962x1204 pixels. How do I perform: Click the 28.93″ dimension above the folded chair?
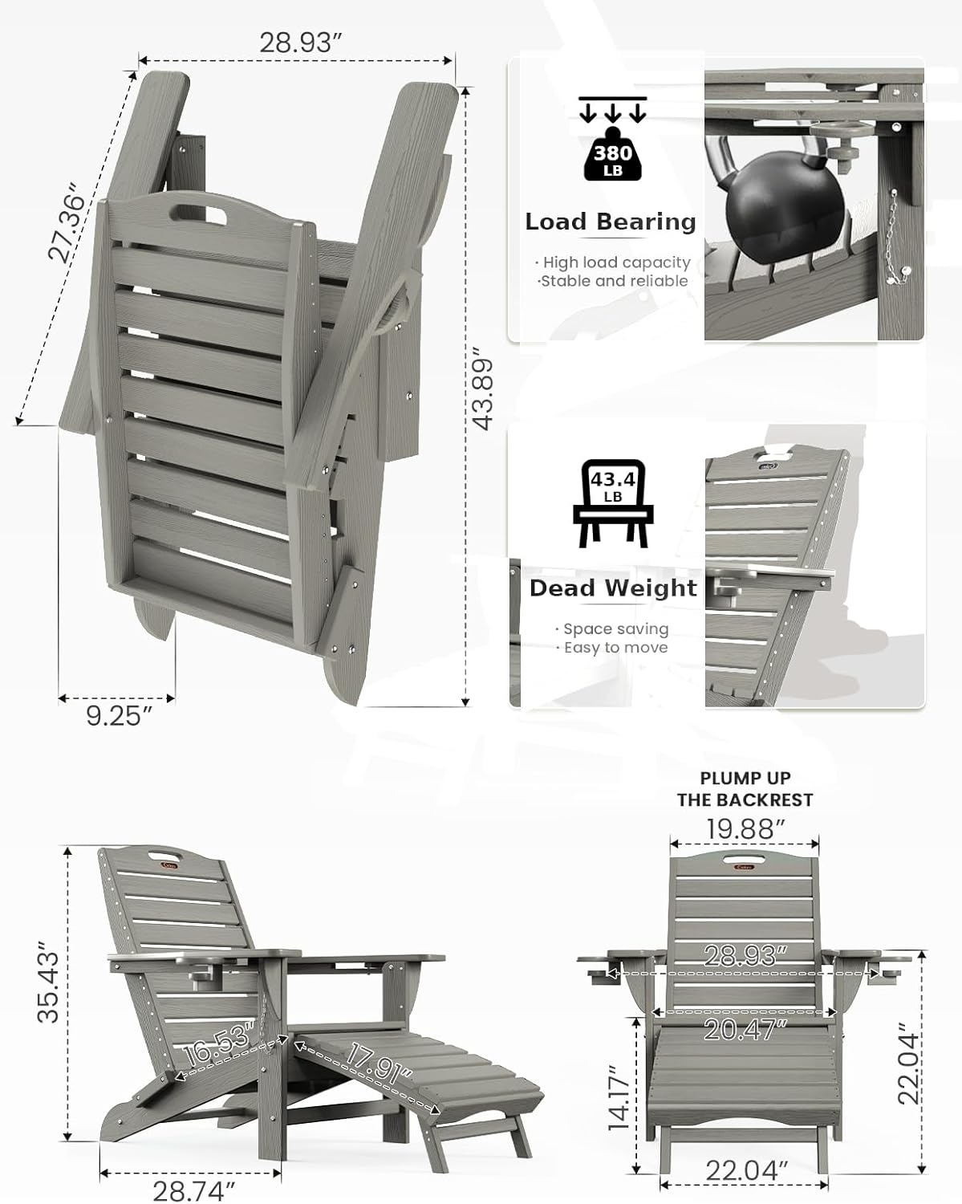pos(296,43)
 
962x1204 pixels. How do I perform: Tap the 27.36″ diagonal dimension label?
pos(67,226)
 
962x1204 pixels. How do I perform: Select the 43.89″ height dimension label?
pos(482,388)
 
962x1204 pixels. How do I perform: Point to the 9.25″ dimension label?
pos(119,715)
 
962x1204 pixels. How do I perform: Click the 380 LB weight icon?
pos(614,153)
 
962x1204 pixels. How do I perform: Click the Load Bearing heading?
pos(611,222)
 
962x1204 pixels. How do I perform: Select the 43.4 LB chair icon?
pos(614,503)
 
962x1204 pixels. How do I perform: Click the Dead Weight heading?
pos(614,588)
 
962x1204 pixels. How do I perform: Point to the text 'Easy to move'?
pos(615,648)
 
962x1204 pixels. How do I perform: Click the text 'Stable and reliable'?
pos(614,281)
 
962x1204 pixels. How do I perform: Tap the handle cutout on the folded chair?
pos(199,217)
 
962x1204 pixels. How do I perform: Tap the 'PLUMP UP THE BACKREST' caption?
pos(745,789)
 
